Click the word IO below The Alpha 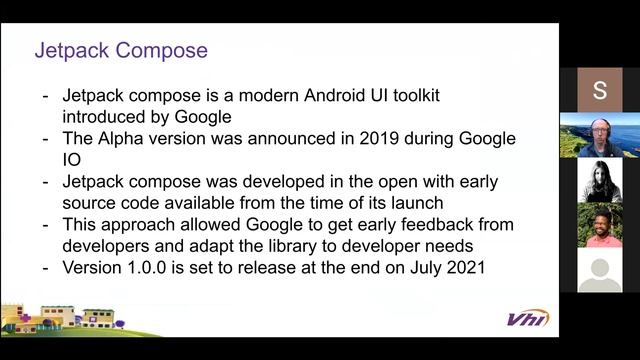pos(73,159)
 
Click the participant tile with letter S pos(599,90)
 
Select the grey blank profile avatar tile pos(599,270)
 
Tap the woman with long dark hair pos(600,181)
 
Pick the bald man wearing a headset pos(599,135)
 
